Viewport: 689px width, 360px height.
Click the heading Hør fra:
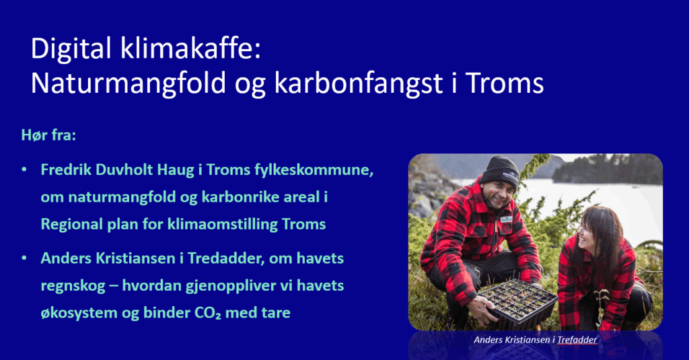[x=48, y=135]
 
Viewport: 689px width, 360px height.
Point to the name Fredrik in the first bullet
[x=67, y=170]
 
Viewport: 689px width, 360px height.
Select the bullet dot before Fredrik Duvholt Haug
[x=24, y=170]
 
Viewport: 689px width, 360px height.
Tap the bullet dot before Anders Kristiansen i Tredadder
[x=24, y=258]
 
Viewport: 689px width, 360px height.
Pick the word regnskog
[x=73, y=287]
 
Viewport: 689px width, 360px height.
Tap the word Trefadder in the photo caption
[x=577, y=340]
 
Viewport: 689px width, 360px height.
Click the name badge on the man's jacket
[x=507, y=219]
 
